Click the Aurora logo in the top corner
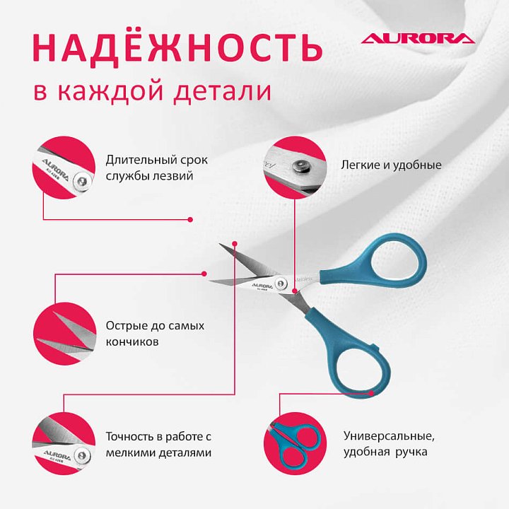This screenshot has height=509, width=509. click(x=418, y=38)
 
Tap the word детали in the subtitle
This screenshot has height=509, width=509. click(x=223, y=91)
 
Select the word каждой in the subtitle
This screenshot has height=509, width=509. click(x=110, y=91)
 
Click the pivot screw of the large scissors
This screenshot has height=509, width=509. click(x=281, y=283)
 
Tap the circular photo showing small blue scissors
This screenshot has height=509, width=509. click(x=295, y=443)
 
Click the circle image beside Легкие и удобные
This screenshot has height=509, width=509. click(x=295, y=167)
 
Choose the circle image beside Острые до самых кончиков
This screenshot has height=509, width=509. click(x=64, y=334)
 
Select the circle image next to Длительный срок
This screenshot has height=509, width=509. click(x=64, y=168)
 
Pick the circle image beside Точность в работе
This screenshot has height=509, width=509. click(x=64, y=443)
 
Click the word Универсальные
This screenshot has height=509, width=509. click(x=389, y=436)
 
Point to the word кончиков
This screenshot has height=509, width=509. click(x=132, y=342)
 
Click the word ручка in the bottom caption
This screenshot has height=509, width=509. click(x=411, y=452)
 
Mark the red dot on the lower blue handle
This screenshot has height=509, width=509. click(x=372, y=393)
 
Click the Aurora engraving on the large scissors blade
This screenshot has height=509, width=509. click(x=262, y=286)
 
